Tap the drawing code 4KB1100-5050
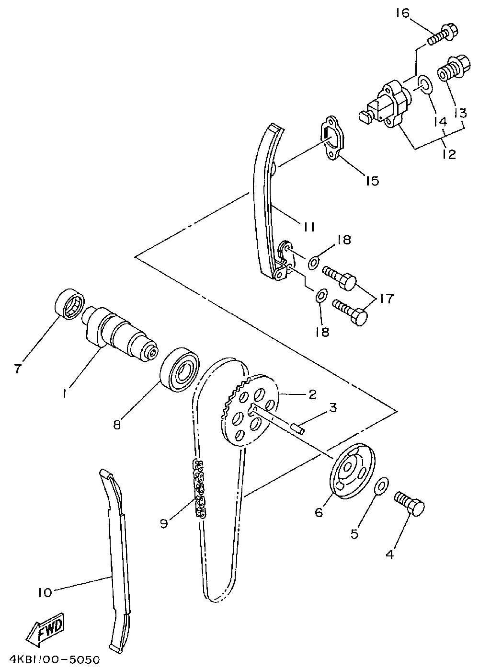point(51,660)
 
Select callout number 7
point(18,368)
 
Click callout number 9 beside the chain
point(164,523)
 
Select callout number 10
point(45,592)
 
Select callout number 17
point(387,299)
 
